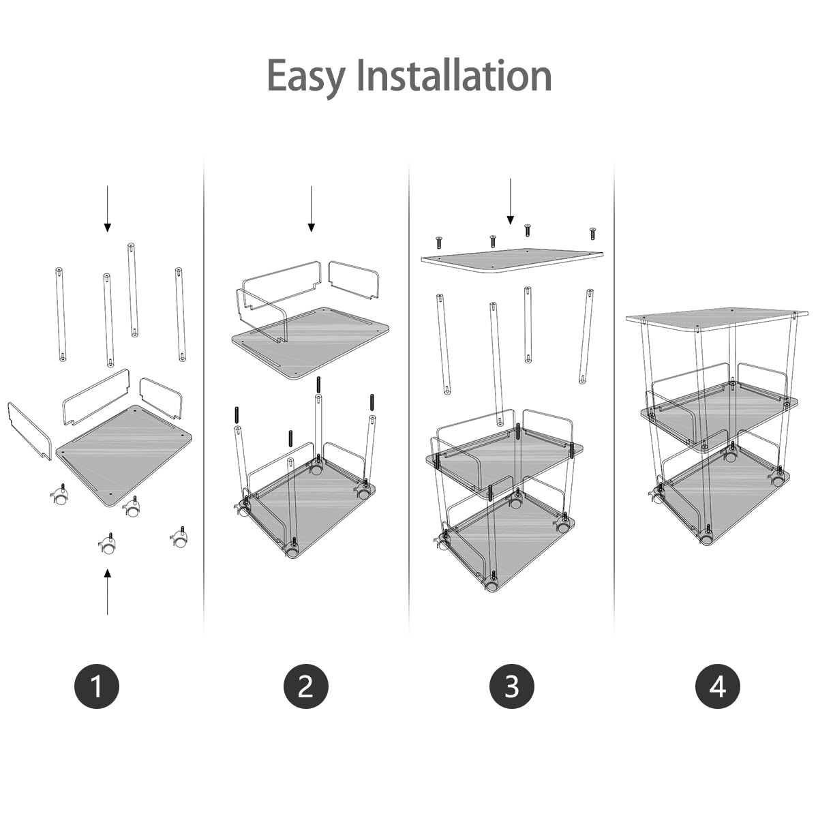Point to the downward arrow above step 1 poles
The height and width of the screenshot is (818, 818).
(107, 208)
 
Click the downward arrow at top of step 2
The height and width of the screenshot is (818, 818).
(311, 208)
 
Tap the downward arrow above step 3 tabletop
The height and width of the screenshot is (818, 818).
(510, 201)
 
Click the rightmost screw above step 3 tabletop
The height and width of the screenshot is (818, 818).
(592, 232)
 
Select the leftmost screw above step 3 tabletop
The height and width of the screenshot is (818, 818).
(439, 241)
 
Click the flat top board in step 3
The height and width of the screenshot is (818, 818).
(511, 260)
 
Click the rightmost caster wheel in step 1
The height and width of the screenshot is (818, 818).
(179, 539)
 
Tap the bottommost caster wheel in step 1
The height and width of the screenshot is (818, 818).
(108, 546)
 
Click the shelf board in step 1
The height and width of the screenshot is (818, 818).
(125, 453)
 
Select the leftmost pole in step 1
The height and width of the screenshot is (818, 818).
(61, 314)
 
